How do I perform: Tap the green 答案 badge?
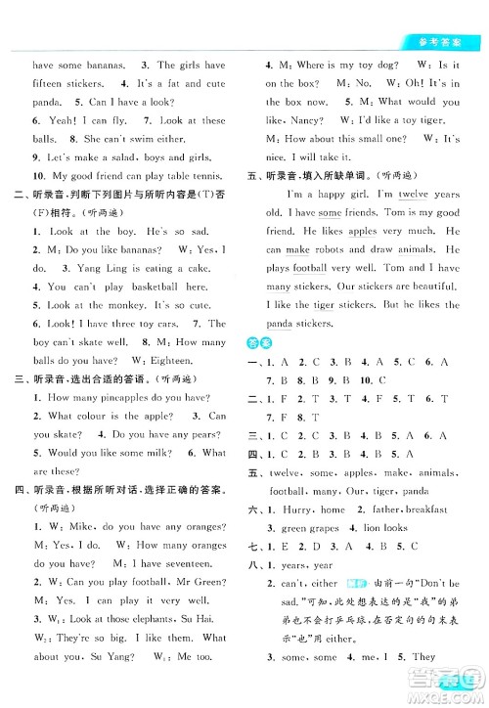coord(250,342)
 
